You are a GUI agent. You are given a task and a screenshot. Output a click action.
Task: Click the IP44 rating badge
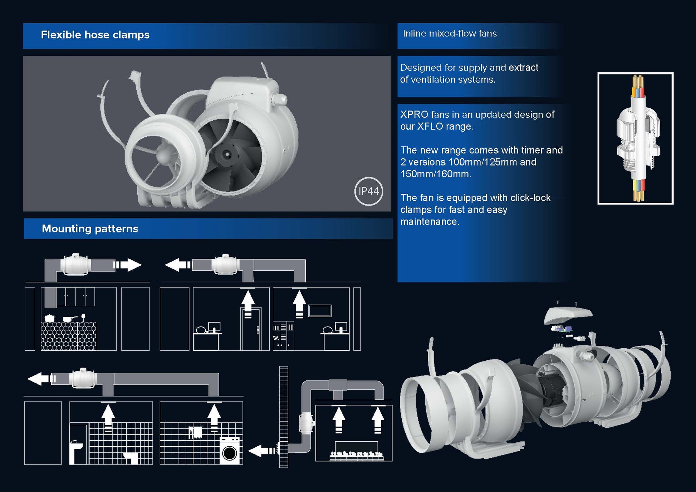point(369,191)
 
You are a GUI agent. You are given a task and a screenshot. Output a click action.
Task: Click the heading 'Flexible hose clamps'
point(95,35)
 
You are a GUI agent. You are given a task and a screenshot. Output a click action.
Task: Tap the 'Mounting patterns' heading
point(90,228)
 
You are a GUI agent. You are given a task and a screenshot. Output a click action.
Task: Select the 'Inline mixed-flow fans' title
point(450,33)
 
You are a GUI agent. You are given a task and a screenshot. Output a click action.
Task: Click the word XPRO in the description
point(414,114)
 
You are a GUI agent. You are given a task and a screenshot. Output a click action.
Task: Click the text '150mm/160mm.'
point(436,174)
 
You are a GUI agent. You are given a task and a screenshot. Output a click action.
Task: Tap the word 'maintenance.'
point(430,222)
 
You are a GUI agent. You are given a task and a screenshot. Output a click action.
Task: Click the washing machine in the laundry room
point(229,451)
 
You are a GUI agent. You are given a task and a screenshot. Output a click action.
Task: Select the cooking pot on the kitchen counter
point(49,318)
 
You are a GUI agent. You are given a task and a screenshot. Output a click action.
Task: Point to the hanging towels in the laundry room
point(195,432)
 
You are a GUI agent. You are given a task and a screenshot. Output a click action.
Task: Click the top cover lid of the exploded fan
point(568,314)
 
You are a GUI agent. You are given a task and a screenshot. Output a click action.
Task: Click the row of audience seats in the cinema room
point(356,455)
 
